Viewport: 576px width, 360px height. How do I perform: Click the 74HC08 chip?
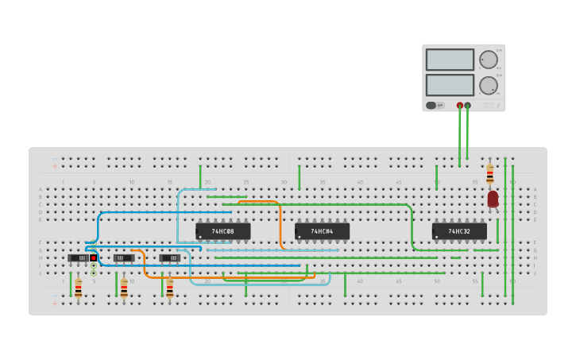(222, 231)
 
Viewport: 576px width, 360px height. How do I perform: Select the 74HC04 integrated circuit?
(322, 231)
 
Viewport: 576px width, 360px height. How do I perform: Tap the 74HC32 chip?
(459, 231)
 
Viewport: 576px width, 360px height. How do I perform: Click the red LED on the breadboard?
(493, 199)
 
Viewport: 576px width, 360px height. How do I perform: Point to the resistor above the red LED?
(489, 174)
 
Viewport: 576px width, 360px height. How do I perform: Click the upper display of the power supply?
(450, 60)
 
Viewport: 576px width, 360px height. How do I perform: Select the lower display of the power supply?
(450, 84)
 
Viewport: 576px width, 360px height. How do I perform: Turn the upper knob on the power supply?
(489, 60)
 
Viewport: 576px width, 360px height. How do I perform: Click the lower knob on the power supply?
(489, 85)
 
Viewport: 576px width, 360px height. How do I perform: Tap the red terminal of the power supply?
(460, 105)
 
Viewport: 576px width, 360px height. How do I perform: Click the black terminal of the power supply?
(468, 105)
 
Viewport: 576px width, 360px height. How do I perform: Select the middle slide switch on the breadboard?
(123, 258)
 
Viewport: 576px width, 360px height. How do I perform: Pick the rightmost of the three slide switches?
(169, 258)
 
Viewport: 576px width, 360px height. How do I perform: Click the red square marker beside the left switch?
(93, 257)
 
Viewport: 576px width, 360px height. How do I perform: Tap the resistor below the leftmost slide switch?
(78, 288)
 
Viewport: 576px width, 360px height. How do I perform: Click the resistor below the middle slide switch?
(124, 288)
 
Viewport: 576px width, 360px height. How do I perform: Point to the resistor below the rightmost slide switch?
(169, 288)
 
